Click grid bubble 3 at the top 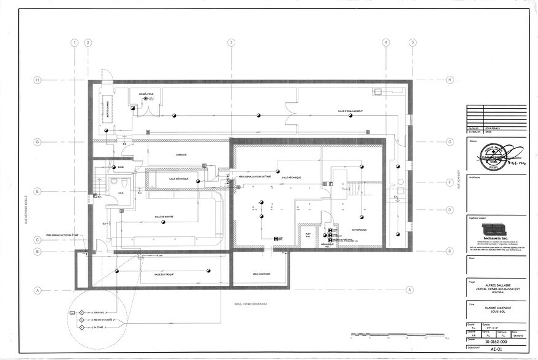tap(231, 42)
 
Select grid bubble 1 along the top tap(74, 42)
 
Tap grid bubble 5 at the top tap(413, 42)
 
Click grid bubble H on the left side tap(37, 80)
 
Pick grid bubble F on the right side tap(450, 182)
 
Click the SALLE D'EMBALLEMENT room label tap(350, 111)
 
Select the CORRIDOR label tap(180, 155)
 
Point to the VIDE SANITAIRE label tap(261, 274)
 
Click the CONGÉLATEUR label tap(146, 94)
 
